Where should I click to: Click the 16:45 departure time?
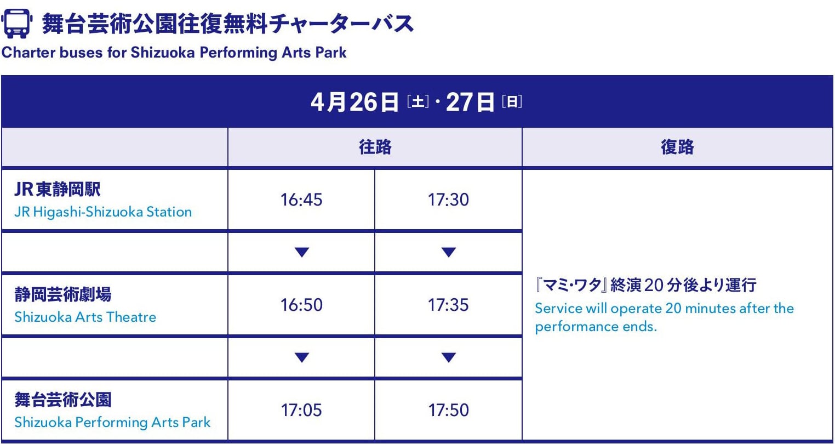[301, 200]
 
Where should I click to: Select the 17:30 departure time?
[448, 200]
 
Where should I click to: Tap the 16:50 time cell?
[301, 305]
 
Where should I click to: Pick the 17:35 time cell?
[448, 305]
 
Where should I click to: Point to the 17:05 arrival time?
[301, 410]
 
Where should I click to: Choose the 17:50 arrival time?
[448, 410]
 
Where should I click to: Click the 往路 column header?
[375, 147]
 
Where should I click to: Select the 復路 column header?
[677, 147]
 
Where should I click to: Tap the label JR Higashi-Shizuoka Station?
[103, 212]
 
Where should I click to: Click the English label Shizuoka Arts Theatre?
[85, 317]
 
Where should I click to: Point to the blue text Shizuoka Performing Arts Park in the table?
[112, 423]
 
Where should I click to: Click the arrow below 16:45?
[301, 252]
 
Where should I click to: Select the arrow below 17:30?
[448, 252]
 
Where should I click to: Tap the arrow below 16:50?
[301, 357]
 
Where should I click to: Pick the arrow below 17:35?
[448, 357]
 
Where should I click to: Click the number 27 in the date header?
[459, 102]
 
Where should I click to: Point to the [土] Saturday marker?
[417, 102]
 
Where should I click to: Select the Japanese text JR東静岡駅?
[58, 190]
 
